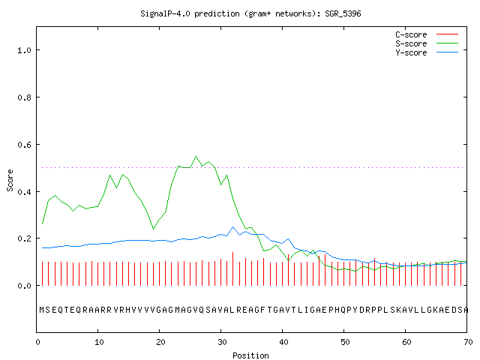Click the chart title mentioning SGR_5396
[x=250, y=13]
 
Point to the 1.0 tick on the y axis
[x=24, y=50]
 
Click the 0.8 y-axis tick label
[x=24, y=97]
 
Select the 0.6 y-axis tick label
[x=24, y=145]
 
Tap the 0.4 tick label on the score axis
[x=24, y=192]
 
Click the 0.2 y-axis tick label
[x=24, y=238]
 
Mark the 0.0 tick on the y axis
[x=24, y=286]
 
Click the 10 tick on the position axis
[x=99, y=342]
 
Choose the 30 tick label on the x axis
[x=222, y=342]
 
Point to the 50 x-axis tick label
[x=345, y=342]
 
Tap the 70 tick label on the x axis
[x=468, y=342]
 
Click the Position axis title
[x=250, y=355]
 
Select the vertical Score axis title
[x=10, y=180]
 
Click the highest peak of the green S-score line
[x=196, y=157]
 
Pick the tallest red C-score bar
[x=233, y=268]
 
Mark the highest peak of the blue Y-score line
[x=233, y=226]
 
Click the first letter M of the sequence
[x=42, y=310]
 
